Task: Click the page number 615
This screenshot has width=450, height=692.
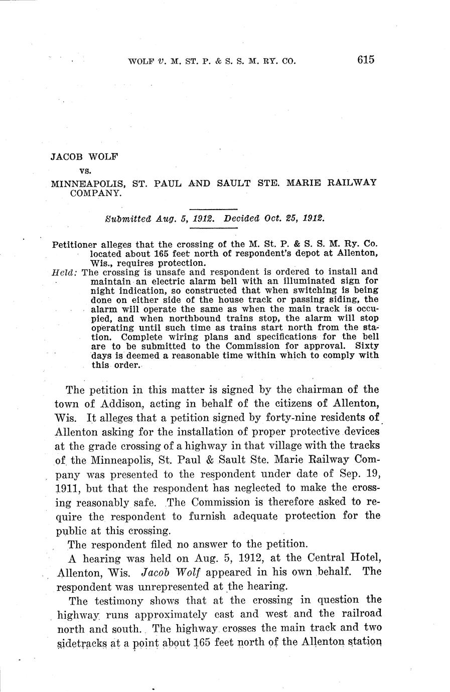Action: point(366,60)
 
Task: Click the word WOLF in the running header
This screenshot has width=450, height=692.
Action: point(141,62)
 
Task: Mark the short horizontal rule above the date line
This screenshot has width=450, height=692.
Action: point(213,209)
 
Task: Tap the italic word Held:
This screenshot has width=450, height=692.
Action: point(64,273)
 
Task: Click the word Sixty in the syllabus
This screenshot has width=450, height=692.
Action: point(367,346)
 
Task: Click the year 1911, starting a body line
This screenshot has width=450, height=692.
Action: point(68,488)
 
